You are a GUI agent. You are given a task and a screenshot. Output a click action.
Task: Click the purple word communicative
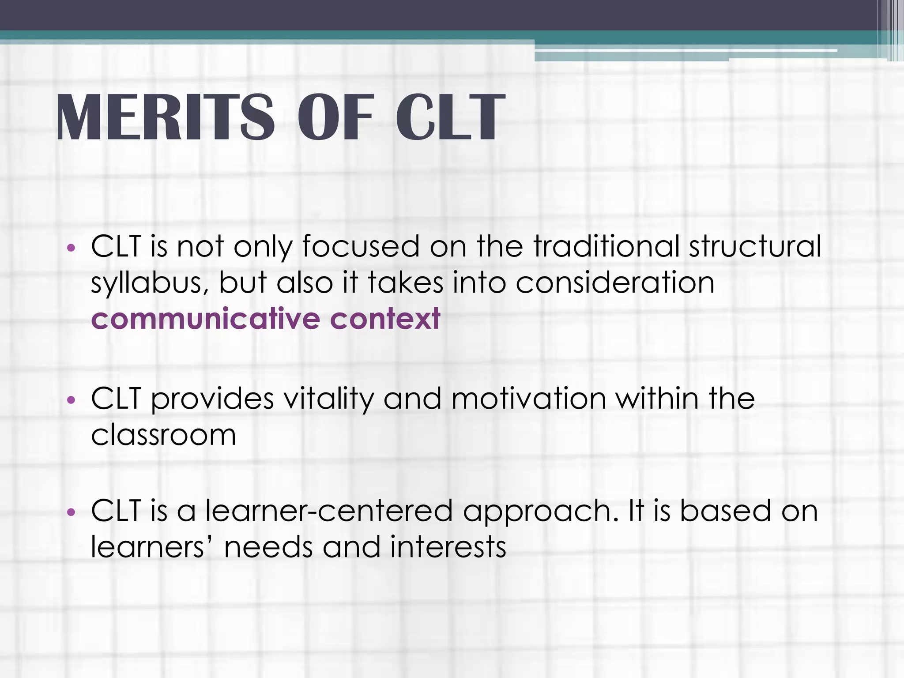click(x=206, y=319)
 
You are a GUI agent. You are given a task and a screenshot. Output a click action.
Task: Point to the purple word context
click(x=385, y=319)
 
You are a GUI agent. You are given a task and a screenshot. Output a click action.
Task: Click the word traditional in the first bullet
click(x=606, y=246)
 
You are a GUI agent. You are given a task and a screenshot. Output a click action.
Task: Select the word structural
click(x=755, y=246)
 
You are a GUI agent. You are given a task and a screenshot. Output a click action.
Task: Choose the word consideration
click(x=615, y=282)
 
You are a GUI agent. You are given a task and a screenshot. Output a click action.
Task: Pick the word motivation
click(x=528, y=399)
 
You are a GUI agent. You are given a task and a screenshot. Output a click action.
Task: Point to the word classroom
click(x=163, y=435)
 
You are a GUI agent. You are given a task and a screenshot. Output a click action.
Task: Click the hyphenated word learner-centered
click(x=329, y=511)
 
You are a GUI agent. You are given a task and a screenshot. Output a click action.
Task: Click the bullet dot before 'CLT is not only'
click(x=71, y=248)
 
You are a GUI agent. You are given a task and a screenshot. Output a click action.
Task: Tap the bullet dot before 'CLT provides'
click(x=71, y=400)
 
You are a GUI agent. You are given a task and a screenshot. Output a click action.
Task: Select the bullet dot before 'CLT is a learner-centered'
click(x=71, y=512)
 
